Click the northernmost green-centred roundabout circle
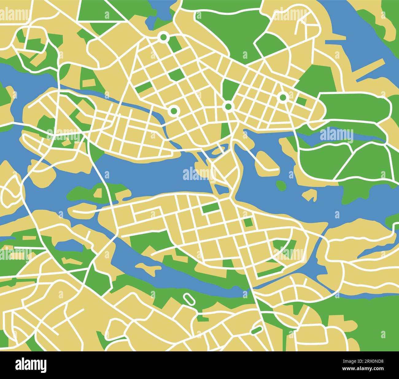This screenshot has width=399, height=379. (164, 37)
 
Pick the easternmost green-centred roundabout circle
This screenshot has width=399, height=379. (283, 97)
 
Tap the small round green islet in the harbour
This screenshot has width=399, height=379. (280, 185)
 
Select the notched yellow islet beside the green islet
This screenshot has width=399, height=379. (310, 195)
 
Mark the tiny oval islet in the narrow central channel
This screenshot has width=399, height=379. (218, 151)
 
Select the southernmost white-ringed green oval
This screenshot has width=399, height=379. (257, 330)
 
